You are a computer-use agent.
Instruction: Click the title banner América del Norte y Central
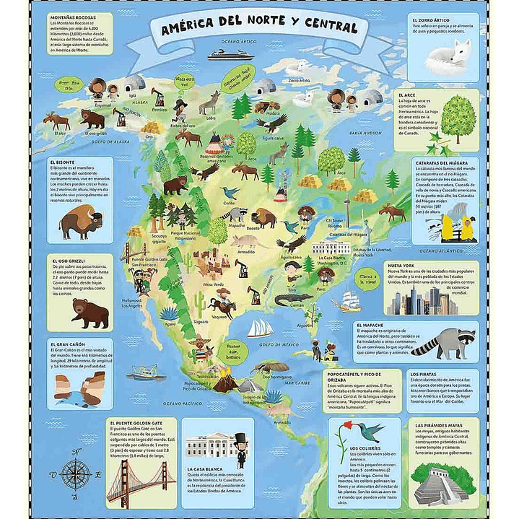[259, 29]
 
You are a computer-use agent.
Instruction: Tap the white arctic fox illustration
[454, 54]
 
